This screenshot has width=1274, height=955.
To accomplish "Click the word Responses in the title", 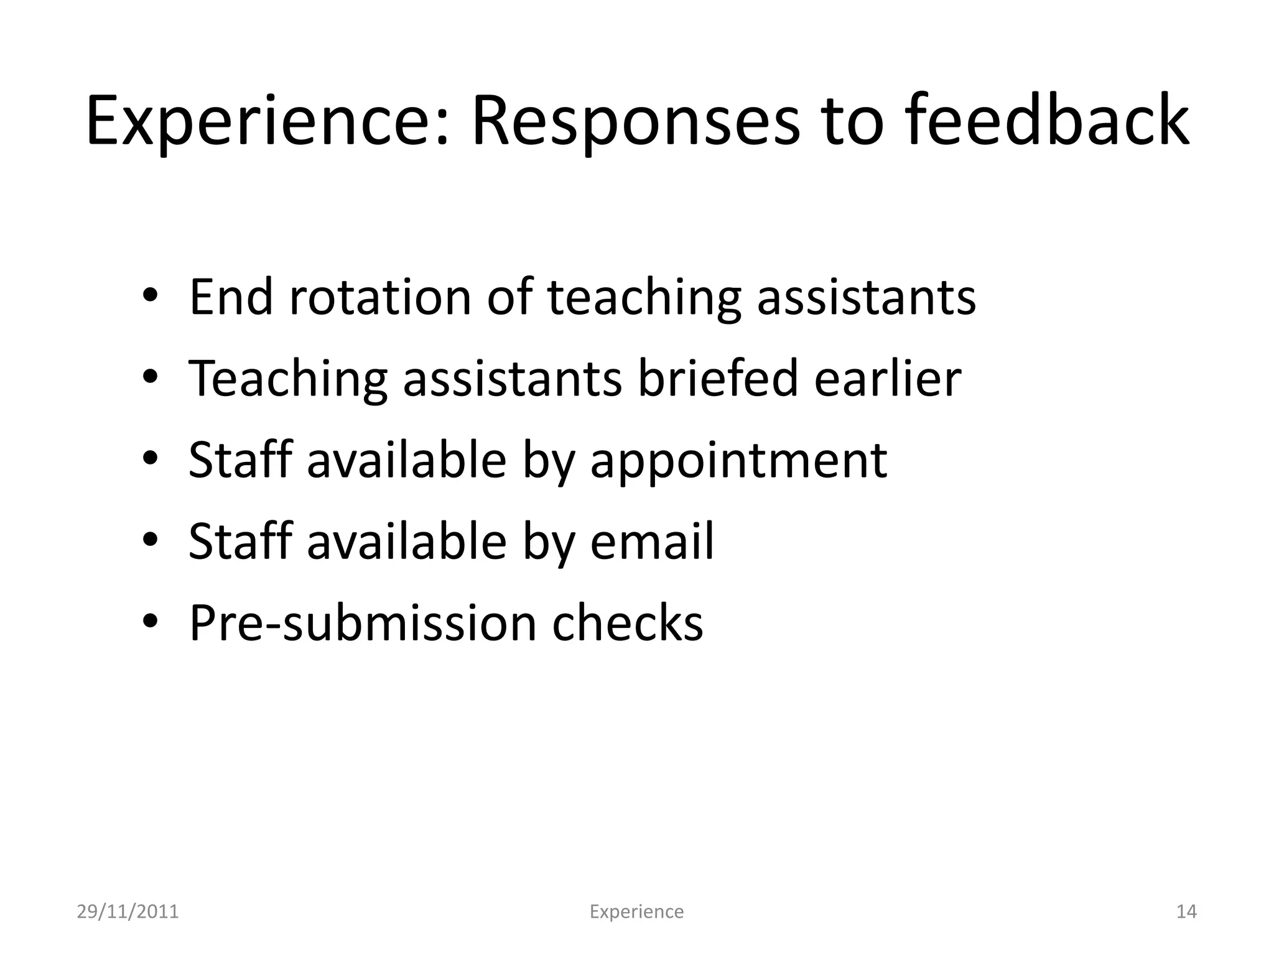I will point(635,121).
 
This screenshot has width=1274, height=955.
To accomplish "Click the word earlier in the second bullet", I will point(888,379).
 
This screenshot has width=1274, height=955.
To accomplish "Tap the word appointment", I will point(738,461).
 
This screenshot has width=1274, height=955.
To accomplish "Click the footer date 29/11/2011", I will point(128,912).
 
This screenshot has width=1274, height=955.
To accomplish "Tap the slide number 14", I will point(1186,912).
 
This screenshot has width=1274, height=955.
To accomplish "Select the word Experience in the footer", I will point(636,912).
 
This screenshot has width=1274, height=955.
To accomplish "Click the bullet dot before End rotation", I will point(151,298).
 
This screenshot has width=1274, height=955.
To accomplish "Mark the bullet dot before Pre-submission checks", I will point(151,623).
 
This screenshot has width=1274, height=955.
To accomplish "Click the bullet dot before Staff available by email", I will point(151,542).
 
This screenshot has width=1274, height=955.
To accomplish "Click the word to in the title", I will point(853,121).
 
